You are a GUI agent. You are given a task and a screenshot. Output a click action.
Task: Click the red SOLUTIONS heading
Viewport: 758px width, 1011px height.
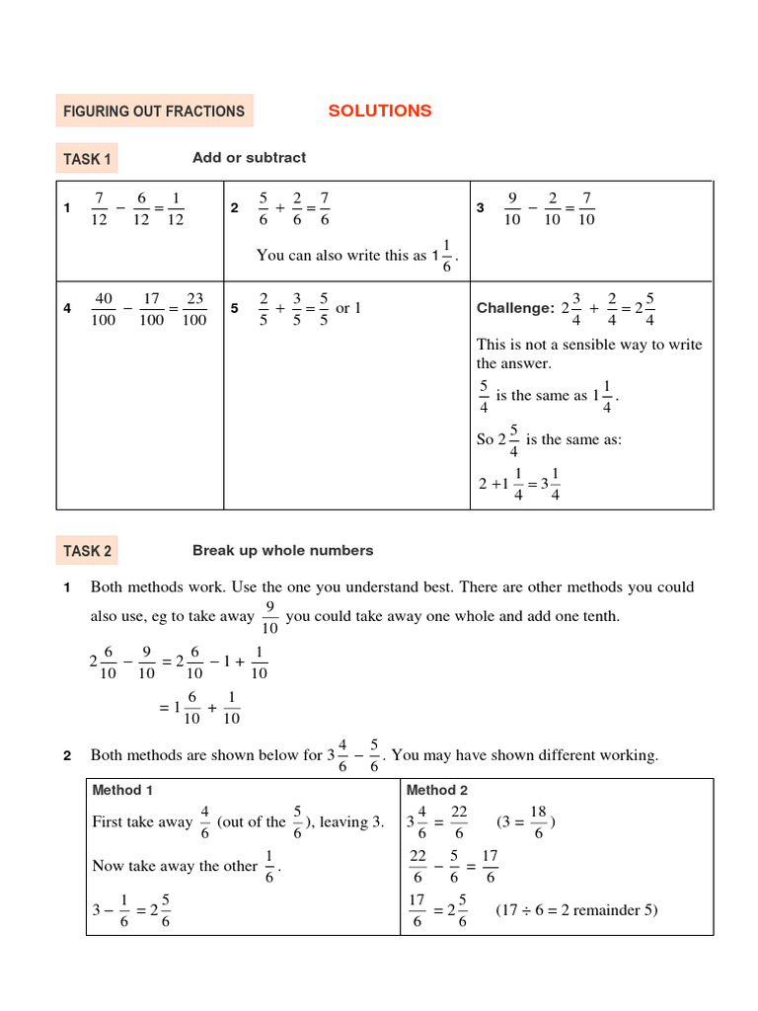(x=380, y=111)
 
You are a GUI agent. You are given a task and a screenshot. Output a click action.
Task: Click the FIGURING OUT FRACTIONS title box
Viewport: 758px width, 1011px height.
(x=154, y=112)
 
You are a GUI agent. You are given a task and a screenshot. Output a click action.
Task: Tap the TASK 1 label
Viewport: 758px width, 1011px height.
(x=88, y=159)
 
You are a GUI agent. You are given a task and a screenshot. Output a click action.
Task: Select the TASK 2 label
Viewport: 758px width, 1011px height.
(x=88, y=551)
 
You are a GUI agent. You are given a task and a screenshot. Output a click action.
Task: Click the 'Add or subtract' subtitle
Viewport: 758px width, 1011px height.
(x=249, y=158)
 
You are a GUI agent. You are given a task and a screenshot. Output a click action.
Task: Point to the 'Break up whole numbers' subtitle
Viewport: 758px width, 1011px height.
(x=282, y=550)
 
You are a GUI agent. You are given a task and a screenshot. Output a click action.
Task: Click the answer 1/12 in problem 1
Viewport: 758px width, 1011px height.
(x=175, y=208)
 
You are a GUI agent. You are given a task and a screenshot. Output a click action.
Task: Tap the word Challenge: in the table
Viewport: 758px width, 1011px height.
(x=515, y=309)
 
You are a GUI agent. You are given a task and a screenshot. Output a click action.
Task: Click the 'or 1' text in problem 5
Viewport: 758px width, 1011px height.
(x=348, y=308)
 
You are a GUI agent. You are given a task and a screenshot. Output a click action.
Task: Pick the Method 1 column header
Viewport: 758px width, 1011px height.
(x=122, y=790)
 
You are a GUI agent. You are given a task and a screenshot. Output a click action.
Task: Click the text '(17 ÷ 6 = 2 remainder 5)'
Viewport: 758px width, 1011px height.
(x=576, y=910)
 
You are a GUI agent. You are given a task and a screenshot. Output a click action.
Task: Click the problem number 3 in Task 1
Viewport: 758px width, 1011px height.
(x=480, y=208)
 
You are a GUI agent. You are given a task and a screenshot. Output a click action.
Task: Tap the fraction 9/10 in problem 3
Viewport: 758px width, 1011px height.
(x=512, y=208)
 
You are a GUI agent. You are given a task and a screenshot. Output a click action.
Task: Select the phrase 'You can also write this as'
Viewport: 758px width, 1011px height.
(x=341, y=256)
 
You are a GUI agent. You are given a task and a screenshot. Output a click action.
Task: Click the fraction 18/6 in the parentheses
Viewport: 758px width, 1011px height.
(x=538, y=821)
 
